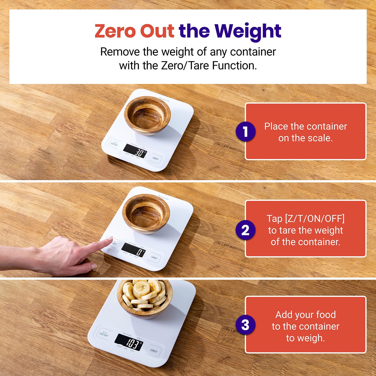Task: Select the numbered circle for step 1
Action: [245, 131]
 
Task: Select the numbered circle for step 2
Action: [245, 230]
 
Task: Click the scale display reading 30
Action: [135, 151]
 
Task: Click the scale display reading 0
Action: [133, 250]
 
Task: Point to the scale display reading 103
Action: [129, 342]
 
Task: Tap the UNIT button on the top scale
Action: [155, 158]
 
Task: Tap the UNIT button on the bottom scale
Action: [154, 351]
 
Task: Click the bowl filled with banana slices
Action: [144, 297]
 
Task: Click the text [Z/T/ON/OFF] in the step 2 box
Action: [305, 219]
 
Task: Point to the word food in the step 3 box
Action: [326, 315]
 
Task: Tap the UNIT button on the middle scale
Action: [154, 258]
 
